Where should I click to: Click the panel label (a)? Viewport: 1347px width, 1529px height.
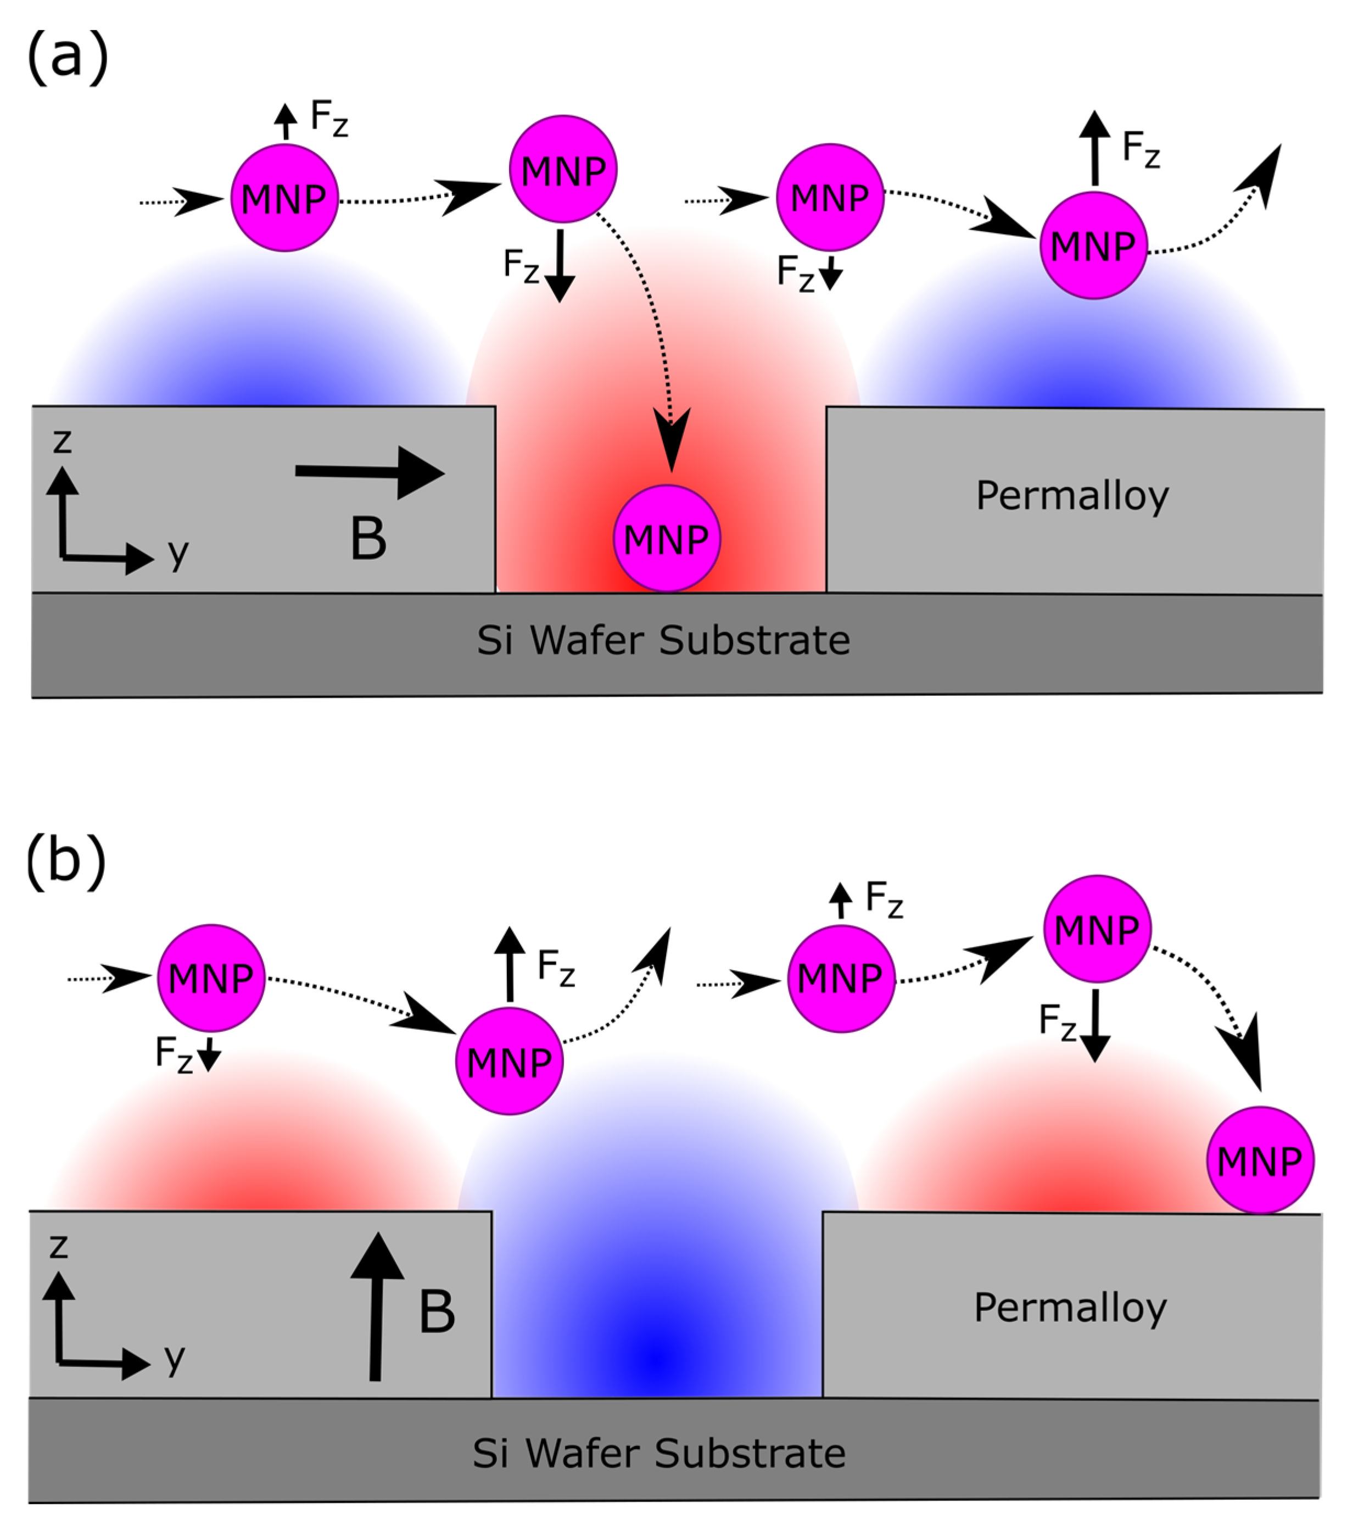[x=68, y=58]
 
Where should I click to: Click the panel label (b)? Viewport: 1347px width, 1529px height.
[x=66, y=860]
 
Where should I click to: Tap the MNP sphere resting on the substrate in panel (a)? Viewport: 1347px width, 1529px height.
[x=667, y=539]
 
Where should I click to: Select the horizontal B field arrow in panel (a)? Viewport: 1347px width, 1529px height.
[x=370, y=472]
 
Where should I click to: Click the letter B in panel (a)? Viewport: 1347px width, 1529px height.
[x=368, y=539]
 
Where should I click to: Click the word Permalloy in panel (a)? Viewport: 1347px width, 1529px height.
[x=1072, y=496]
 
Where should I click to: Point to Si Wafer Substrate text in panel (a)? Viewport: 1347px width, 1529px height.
[x=663, y=641]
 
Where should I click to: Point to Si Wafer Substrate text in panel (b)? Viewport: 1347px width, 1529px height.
[x=659, y=1453]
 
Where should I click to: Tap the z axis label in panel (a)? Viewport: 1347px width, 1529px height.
[x=62, y=442]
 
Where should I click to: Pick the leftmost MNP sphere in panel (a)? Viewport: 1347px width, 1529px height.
[x=284, y=198]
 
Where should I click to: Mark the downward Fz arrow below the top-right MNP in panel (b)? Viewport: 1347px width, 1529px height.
[x=1095, y=1025]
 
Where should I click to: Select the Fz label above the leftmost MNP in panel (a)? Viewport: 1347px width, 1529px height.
[x=329, y=118]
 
